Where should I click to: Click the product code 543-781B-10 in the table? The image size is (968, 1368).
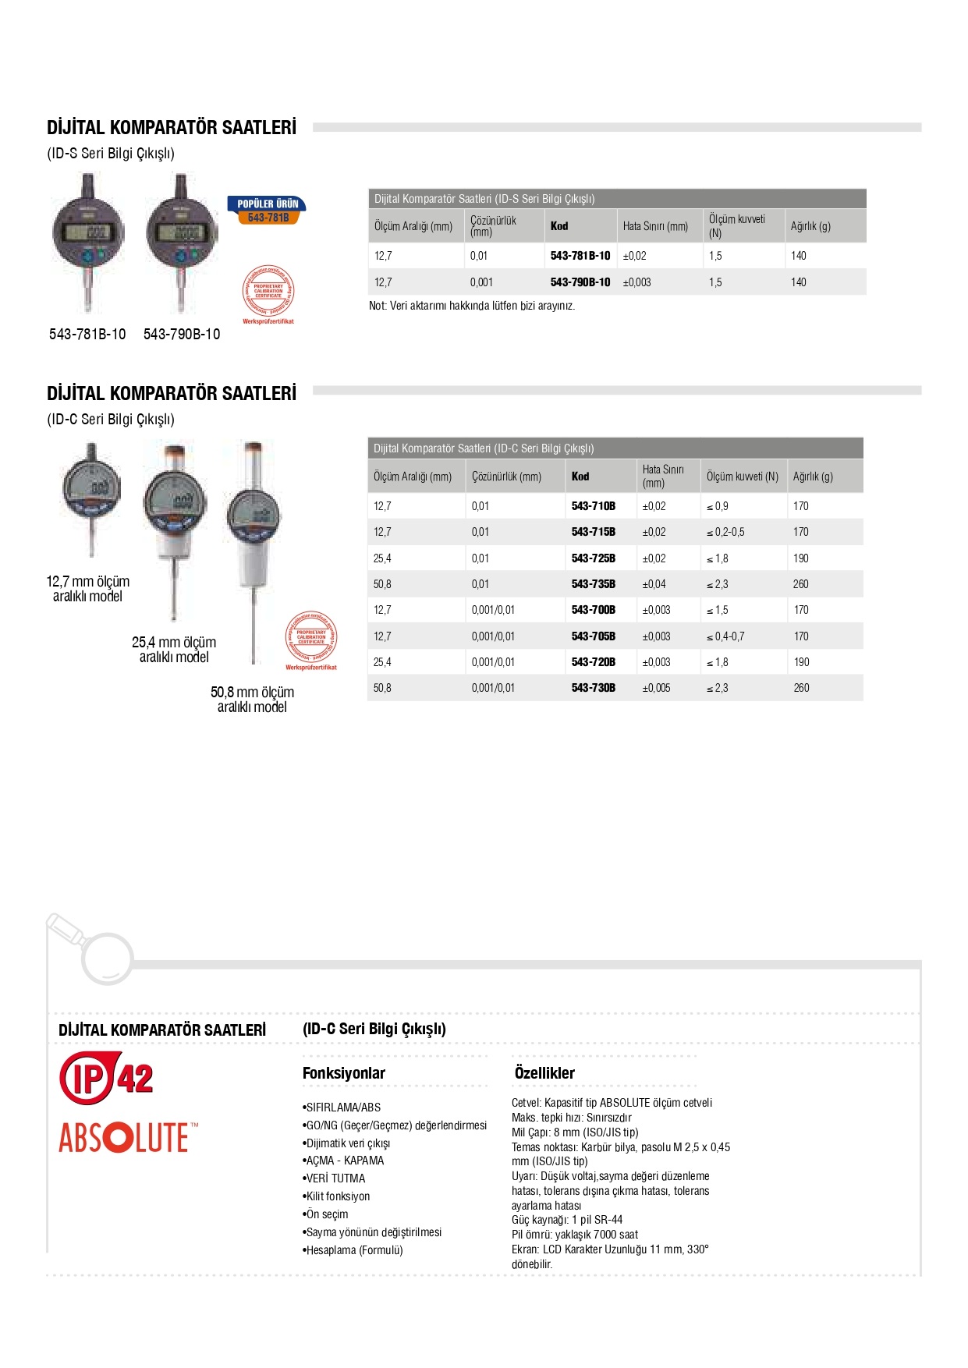tap(580, 256)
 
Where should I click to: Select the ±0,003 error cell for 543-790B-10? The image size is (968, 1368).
tap(636, 282)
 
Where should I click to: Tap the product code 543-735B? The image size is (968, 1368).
tap(593, 584)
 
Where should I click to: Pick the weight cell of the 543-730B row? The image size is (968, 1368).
tap(801, 688)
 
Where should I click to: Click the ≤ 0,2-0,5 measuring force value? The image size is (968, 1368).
tap(725, 532)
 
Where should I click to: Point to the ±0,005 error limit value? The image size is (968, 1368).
tap(656, 688)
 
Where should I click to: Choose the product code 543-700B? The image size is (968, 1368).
tap(593, 610)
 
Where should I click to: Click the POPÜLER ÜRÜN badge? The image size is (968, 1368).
tap(268, 210)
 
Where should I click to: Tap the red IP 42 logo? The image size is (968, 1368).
tap(106, 1078)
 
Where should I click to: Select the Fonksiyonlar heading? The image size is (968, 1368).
tap(343, 1073)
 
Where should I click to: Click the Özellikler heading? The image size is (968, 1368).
tap(544, 1073)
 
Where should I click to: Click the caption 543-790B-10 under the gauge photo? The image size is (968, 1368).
tap(182, 334)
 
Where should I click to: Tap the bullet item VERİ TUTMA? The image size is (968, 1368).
tap(335, 1178)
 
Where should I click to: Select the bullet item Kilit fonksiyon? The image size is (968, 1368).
tap(337, 1196)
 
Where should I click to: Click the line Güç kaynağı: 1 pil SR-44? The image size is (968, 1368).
tap(567, 1220)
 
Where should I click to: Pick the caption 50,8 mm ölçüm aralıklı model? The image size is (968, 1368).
tap(252, 700)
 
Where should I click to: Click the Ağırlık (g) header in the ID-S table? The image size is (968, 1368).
tap(810, 226)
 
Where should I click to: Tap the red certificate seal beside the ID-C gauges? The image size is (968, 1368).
tap(311, 639)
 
